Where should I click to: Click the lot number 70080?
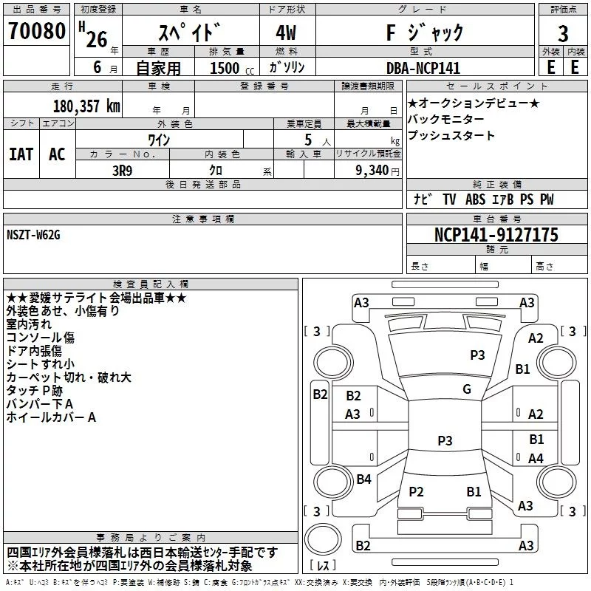(x=37, y=31)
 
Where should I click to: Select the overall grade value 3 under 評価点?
(x=563, y=34)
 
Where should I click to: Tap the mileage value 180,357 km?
(x=86, y=106)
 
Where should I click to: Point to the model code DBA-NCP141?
(x=423, y=68)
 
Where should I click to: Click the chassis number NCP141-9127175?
(x=496, y=235)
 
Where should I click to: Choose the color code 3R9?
(x=122, y=171)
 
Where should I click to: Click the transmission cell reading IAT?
(x=21, y=154)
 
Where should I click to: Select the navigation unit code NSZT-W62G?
(x=33, y=235)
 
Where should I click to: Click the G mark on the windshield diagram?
(x=467, y=389)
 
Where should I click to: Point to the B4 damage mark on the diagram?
(x=363, y=479)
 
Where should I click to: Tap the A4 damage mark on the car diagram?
(x=536, y=458)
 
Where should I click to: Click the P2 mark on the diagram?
(x=416, y=491)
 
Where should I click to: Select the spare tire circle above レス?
(x=323, y=539)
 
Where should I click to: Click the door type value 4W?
(x=286, y=33)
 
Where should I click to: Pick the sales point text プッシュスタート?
(x=451, y=135)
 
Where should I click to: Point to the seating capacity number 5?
(x=308, y=140)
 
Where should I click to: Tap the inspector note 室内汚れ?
(x=29, y=324)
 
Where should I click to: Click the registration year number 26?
(x=97, y=39)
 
